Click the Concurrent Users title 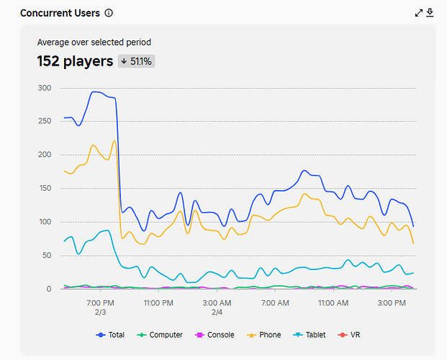[61, 13]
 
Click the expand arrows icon [419, 13]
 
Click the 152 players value [76, 61]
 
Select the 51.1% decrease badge [137, 61]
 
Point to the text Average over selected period [94, 42]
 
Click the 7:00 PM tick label [100, 303]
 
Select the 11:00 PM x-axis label [158, 303]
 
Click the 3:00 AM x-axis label [217, 303]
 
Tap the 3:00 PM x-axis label [392, 303]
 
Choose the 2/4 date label [217, 312]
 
